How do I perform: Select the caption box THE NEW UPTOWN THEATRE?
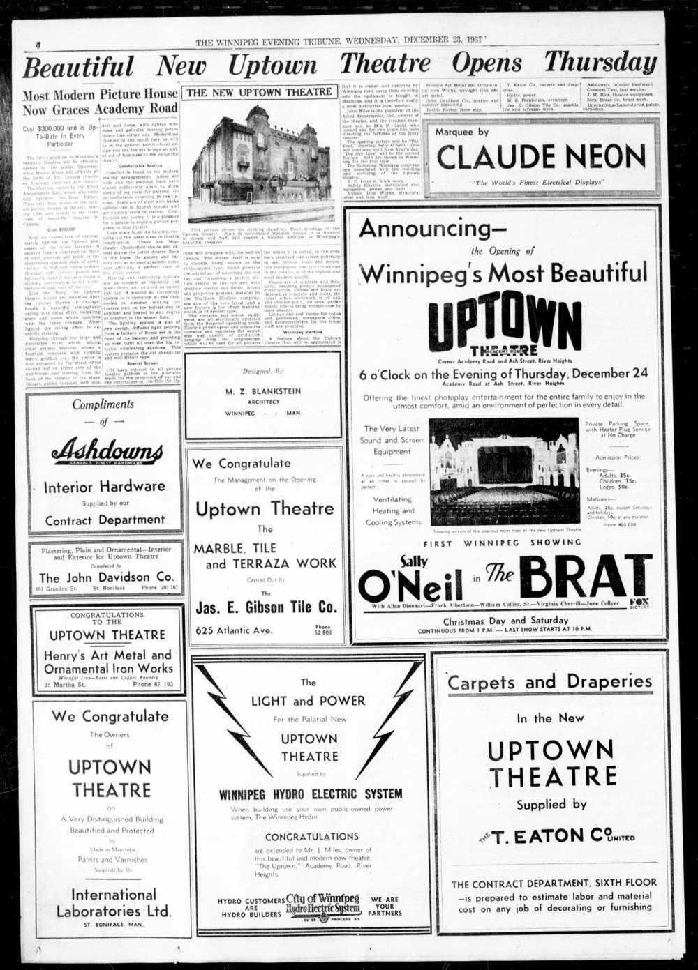(x=259, y=92)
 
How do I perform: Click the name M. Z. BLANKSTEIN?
(x=263, y=392)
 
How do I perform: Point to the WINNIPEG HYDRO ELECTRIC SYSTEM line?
(x=310, y=794)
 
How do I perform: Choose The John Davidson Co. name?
(x=106, y=577)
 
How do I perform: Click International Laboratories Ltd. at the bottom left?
(x=113, y=902)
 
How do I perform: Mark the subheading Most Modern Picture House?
(x=100, y=94)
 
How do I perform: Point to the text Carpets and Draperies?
(x=550, y=681)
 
